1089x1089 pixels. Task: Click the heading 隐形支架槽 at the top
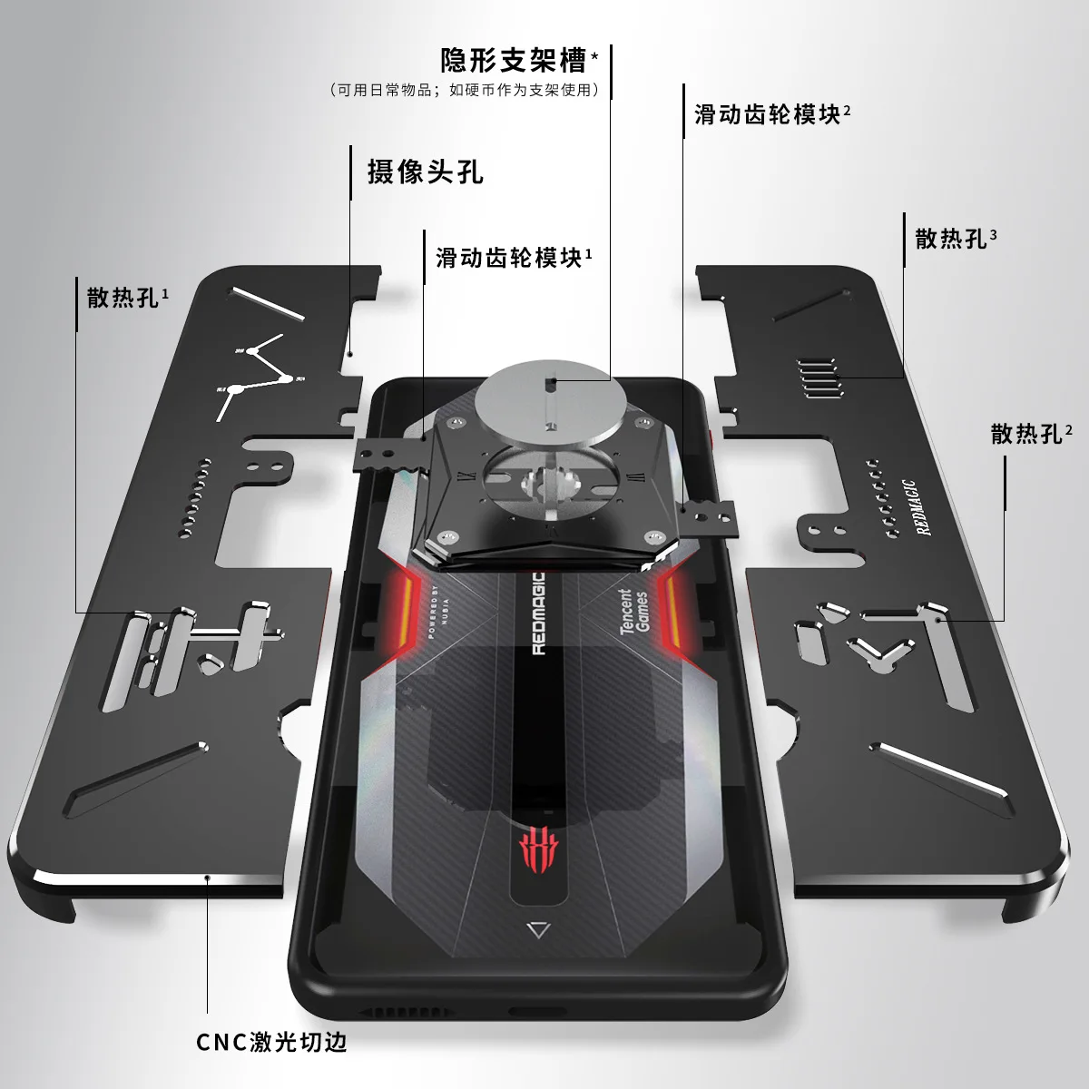point(514,61)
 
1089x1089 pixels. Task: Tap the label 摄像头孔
point(425,172)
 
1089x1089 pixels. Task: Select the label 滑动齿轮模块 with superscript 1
point(509,258)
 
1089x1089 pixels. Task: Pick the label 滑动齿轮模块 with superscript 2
point(768,114)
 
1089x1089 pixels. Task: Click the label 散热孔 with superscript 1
point(123,297)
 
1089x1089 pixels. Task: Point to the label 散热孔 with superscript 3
point(951,239)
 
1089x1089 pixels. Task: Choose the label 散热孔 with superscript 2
point(1026,434)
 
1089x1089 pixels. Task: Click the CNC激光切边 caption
point(271,1042)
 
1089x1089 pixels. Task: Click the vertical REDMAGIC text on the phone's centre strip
point(537,613)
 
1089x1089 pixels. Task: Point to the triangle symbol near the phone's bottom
point(538,929)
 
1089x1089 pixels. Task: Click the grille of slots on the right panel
point(819,378)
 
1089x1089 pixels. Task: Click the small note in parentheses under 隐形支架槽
point(464,90)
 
